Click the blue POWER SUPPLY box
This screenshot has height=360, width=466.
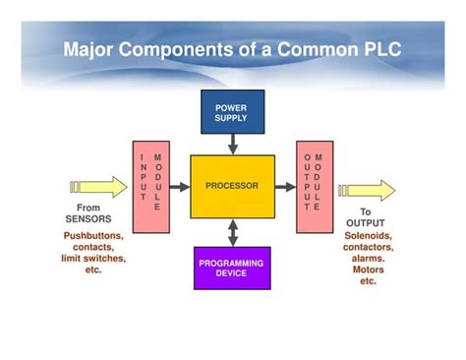coord(232,112)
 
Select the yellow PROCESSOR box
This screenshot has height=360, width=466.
coord(232,186)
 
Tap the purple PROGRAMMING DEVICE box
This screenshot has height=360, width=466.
coord(232,268)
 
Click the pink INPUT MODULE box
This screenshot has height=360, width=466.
coord(150,186)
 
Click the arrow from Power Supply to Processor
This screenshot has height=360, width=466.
coord(232,144)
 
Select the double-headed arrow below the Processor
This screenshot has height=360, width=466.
coord(232,232)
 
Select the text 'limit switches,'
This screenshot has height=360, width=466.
coord(93,258)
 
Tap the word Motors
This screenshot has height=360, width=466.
coord(368,270)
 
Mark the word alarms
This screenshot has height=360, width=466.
coord(369,259)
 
